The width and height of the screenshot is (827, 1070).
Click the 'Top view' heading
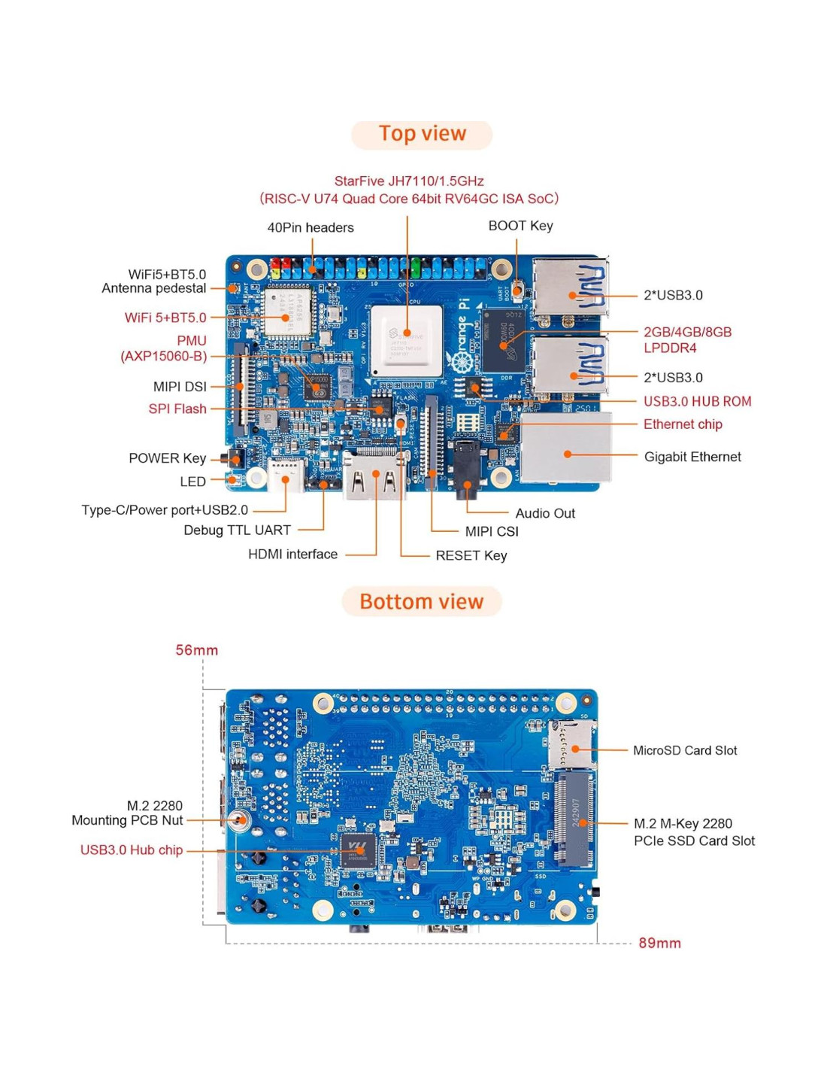point(422,134)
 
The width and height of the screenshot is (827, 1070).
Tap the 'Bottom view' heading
point(421,602)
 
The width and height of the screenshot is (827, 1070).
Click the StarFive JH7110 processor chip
point(407,341)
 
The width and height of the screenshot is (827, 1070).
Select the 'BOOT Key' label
point(520,226)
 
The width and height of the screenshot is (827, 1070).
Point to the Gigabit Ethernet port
point(565,448)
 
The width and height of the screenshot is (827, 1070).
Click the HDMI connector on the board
point(374,476)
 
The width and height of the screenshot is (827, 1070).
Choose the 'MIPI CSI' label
point(492,531)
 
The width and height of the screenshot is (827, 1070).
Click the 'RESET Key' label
point(471,555)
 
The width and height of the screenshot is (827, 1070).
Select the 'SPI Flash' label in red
point(177,409)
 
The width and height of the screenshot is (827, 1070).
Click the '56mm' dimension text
point(197,650)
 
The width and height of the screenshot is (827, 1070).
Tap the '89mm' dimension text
point(659,943)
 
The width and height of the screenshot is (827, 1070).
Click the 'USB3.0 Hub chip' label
point(132,850)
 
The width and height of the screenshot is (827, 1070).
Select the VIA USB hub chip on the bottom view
point(359,850)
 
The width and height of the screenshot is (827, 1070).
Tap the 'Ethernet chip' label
point(683,424)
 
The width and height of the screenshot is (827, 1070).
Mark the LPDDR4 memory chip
point(504,340)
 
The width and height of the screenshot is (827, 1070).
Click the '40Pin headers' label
point(311,227)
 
